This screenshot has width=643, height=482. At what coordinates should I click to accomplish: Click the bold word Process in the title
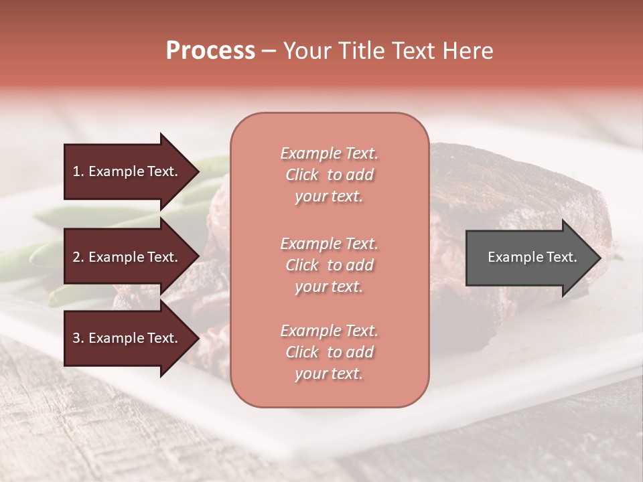[x=210, y=51]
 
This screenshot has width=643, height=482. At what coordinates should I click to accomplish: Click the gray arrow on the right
[x=529, y=258]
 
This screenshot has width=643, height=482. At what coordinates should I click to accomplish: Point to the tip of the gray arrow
[x=600, y=258]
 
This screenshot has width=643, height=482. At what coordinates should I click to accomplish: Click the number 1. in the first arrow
[x=78, y=171]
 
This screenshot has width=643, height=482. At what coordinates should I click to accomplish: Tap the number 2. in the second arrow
[x=78, y=257]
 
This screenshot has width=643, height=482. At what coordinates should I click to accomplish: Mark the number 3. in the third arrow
[x=78, y=338]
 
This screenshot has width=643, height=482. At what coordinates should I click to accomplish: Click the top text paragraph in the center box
[x=329, y=175]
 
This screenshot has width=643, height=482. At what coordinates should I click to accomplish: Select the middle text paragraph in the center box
[x=329, y=264]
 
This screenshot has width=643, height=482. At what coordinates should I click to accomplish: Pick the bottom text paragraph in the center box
[x=329, y=352]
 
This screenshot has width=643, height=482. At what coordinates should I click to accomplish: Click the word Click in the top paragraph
[x=302, y=175]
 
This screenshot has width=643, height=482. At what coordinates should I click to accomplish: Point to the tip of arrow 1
[x=198, y=171]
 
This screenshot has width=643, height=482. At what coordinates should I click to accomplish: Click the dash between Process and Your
[x=269, y=51]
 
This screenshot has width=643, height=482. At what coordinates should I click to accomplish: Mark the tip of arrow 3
[x=198, y=338]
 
